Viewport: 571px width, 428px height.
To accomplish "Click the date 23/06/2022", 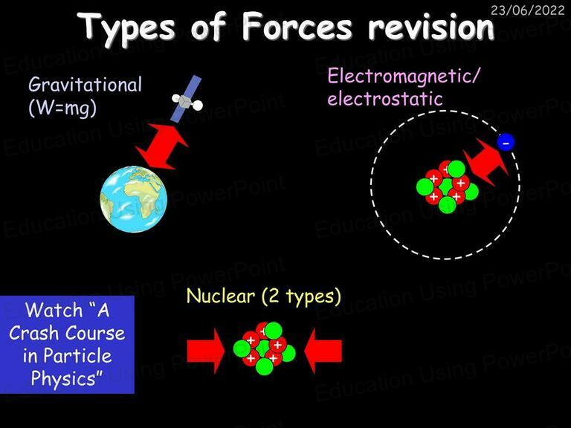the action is pyautogui.click(x=527, y=10).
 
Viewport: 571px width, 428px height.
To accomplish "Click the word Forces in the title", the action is pyautogui.click(x=297, y=27).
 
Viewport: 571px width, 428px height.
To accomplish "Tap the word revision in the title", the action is pyautogui.click(x=430, y=28).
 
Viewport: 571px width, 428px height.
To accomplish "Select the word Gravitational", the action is pyautogui.click(x=86, y=85).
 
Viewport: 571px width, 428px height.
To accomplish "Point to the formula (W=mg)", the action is pyautogui.click(x=62, y=108).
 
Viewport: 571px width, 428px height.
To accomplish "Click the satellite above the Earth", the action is pyautogui.click(x=187, y=99).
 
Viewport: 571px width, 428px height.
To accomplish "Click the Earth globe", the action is pyautogui.click(x=134, y=199).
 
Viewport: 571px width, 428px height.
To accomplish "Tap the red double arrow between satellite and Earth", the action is pyautogui.click(x=161, y=146).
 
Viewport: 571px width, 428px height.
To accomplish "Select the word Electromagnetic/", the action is pyautogui.click(x=404, y=77).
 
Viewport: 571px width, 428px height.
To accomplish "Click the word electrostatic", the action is pyautogui.click(x=385, y=99).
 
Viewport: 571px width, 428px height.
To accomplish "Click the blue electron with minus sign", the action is pyautogui.click(x=506, y=143).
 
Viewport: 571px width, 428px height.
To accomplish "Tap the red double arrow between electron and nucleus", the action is pyautogui.click(x=485, y=162).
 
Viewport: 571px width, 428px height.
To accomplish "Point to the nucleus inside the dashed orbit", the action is pyautogui.click(x=447, y=187).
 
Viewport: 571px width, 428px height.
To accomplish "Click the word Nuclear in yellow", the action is pyautogui.click(x=220, y=296).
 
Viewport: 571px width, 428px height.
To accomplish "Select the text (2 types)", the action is pyautogui.click(x=302, y=296).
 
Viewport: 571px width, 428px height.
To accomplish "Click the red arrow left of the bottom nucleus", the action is pyautogui.click(x=206, y=351).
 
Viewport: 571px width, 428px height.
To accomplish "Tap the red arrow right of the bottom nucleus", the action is pyautogui.click(x=323, y=351).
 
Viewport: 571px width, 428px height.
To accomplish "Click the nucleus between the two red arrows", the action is pyautogui.click(x=265, y=348).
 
